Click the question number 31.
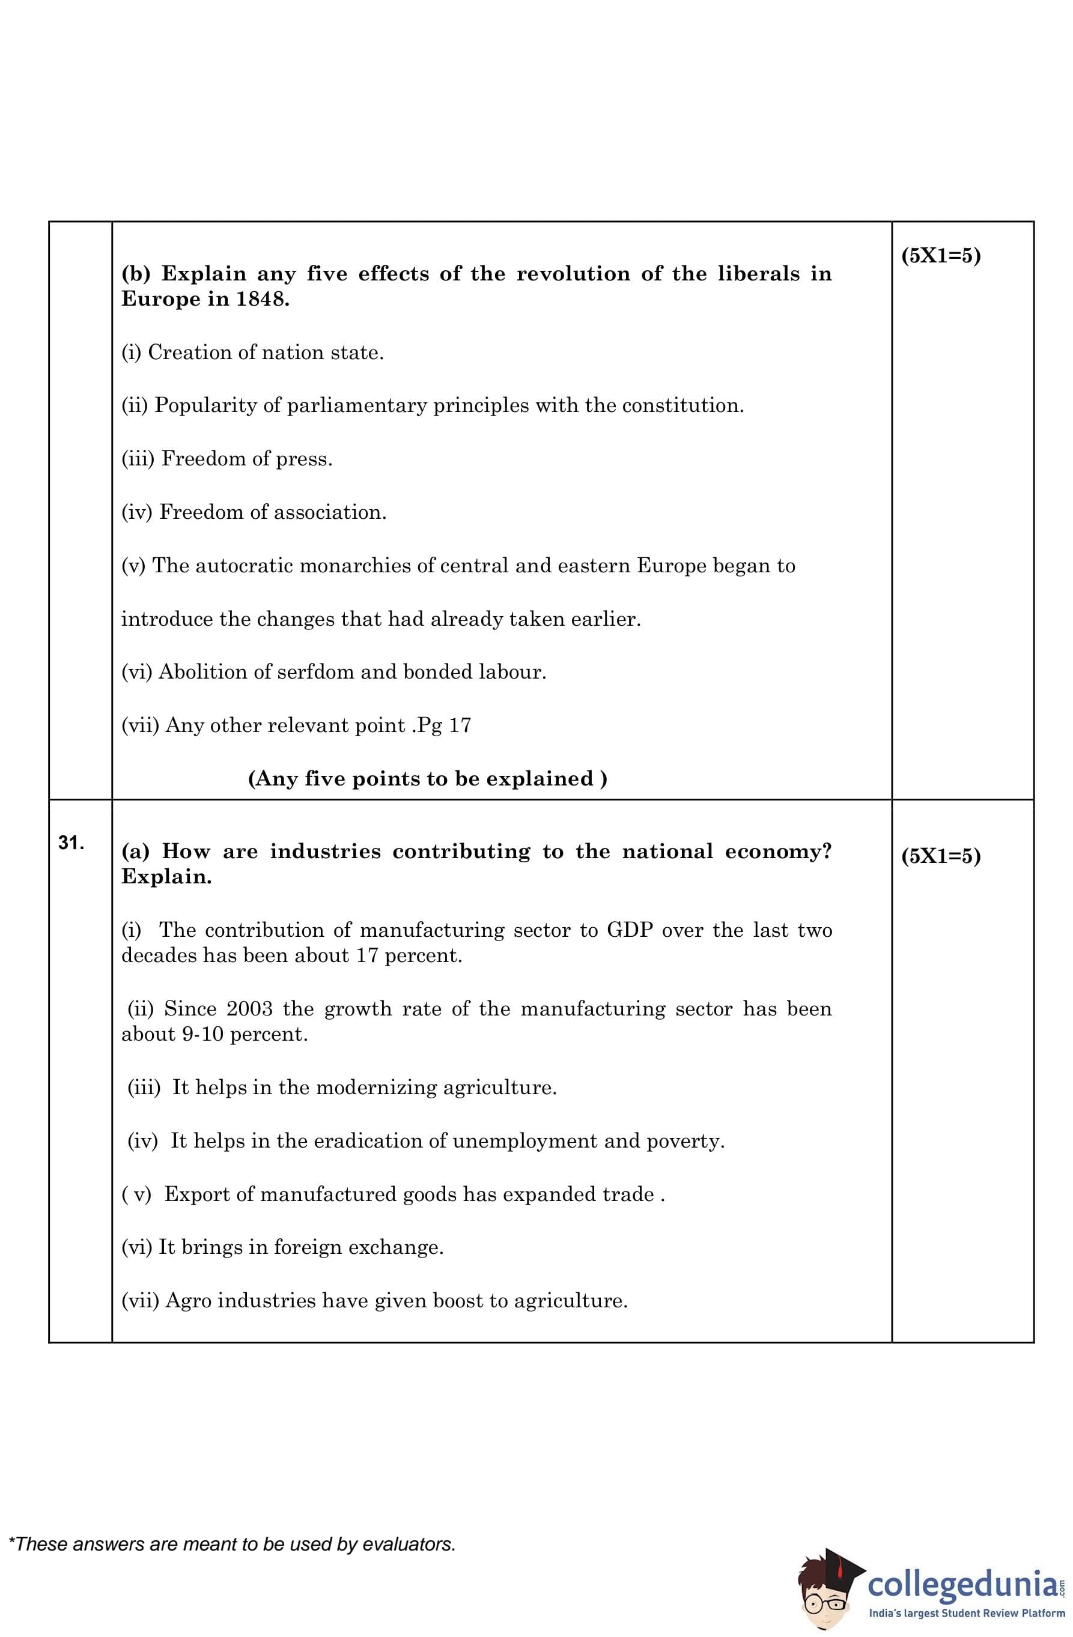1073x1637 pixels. click(71, 843)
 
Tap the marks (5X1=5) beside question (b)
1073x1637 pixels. click(940, 256)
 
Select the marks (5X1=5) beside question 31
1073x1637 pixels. click(940, 856)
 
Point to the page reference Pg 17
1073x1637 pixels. click(445, 725)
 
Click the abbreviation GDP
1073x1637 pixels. click(629, 931)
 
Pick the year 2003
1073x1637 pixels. click(249, 1009)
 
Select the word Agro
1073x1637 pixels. click(188, 1301)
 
